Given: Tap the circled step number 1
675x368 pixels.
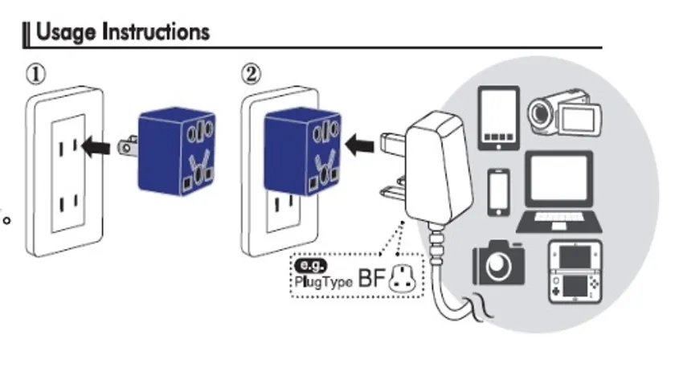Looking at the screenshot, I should tap(35, 74).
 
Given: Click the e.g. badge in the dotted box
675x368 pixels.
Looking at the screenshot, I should tap(309, 265).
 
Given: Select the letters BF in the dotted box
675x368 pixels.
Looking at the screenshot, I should tap(372, 278).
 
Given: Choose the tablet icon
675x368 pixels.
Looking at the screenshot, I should tap(498, 118).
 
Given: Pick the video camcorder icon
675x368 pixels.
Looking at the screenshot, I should tap(559, 117).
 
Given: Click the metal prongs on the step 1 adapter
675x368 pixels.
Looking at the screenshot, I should tap(126, 146).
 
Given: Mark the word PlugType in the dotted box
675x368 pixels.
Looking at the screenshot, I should tap(320, 281).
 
